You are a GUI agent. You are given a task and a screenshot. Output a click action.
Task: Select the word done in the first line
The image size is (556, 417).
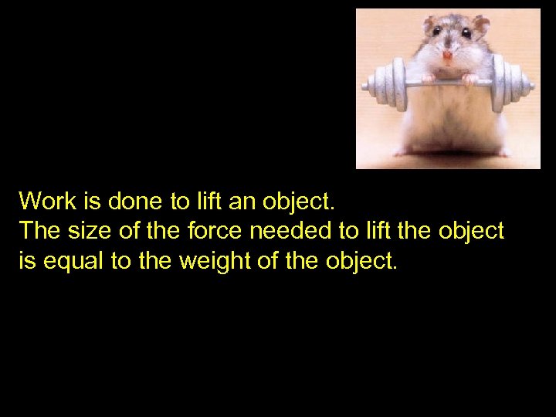pyautogui.click(x=135, y=202)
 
